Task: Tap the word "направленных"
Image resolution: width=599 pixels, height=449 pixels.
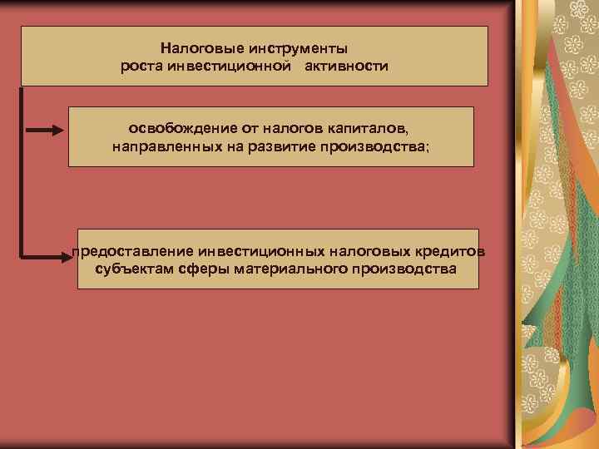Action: tap(161, 147)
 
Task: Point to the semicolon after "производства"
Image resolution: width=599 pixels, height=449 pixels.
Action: tap(428, 148)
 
